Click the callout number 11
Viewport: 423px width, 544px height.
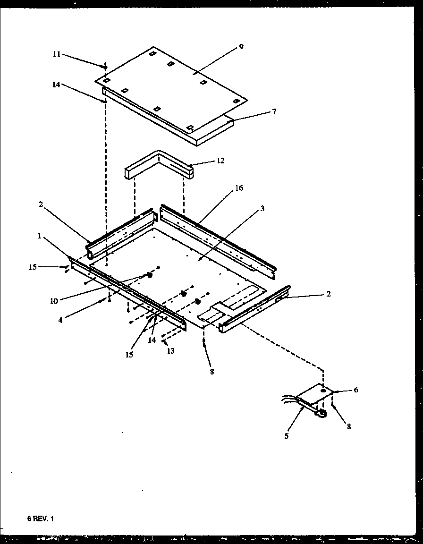[x=56, y=54]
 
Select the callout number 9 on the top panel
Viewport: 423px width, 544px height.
[x=241, y=47]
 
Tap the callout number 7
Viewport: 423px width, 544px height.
[x=274, y=112]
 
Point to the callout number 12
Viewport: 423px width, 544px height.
[x=220, y=161]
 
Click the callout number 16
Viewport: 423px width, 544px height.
[x=239, y=188]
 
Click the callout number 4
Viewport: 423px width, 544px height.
[x=60, y=320]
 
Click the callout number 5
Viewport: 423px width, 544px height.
[x=286, y=436]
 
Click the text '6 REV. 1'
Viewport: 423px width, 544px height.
[x=41, y=518]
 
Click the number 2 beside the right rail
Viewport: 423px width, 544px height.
[x=329, y=294]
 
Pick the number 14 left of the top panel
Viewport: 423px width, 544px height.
[x=56, y=85]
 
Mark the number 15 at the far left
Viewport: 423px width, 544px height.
[x=32, y=267]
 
